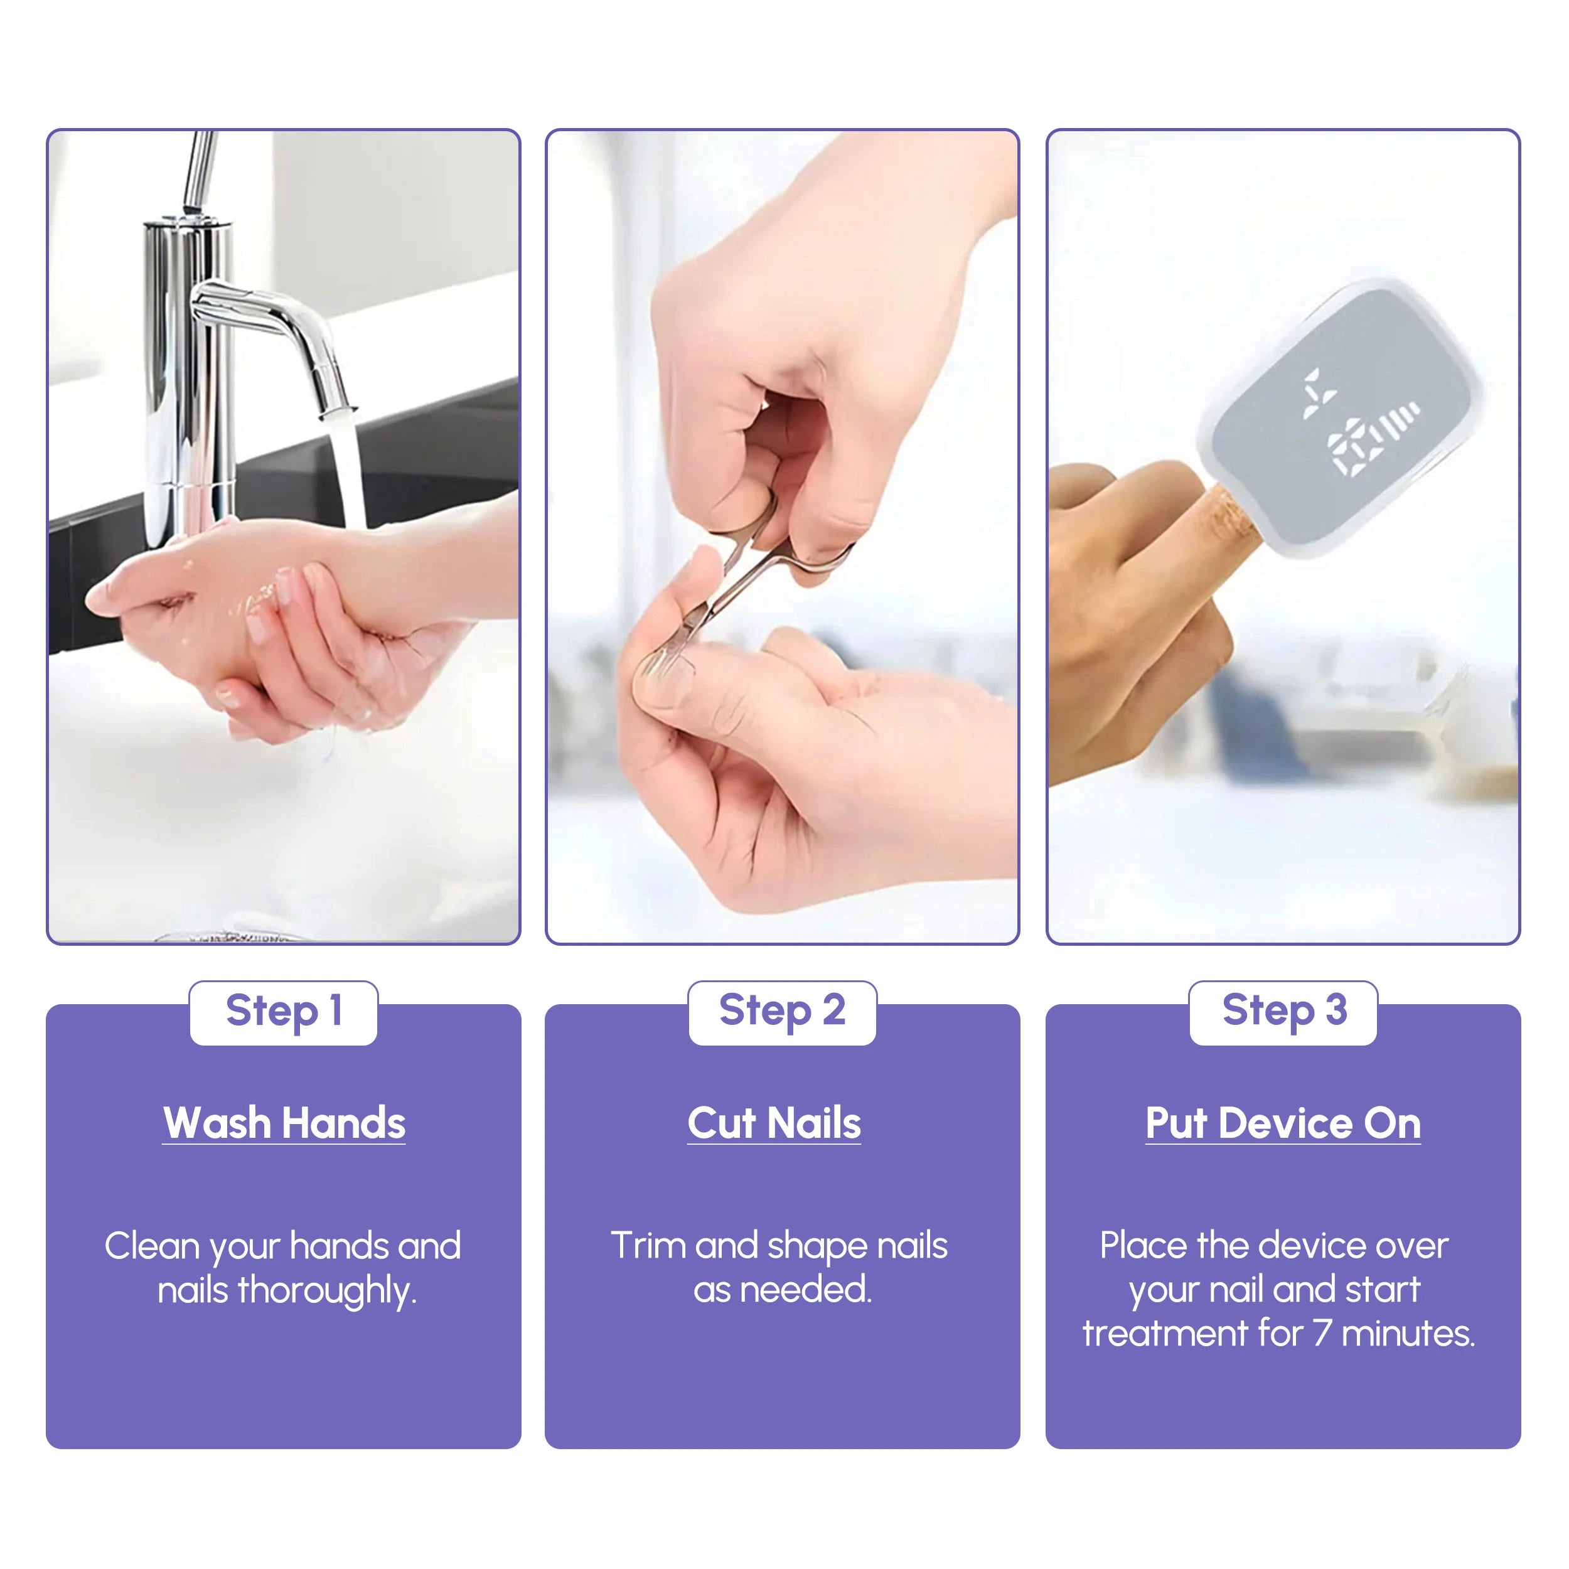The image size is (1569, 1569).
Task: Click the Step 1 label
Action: click(x=284, y=1011)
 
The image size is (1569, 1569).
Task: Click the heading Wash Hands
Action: click(x=284, y=1123)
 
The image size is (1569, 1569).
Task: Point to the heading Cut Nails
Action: click(x=774, y=1123)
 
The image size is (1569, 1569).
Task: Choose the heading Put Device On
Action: click(x=1283, y=1123)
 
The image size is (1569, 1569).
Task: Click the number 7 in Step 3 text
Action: click(x=1322, y=1334)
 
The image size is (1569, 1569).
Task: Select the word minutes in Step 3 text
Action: click(x=1408, y=1334)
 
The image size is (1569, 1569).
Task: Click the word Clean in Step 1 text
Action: click(x=152, y=1246)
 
